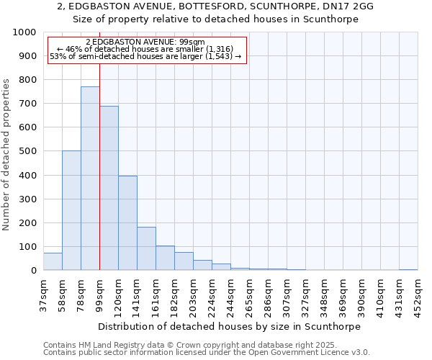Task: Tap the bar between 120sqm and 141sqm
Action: [x=127, y=223]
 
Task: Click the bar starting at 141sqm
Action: [x=146, y=248]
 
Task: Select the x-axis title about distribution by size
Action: [x=229, y=326]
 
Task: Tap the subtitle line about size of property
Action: [x=215, y=19]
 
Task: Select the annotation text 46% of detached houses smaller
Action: [x=147, y=49]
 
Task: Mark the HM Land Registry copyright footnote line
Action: [x=190, y=345]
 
